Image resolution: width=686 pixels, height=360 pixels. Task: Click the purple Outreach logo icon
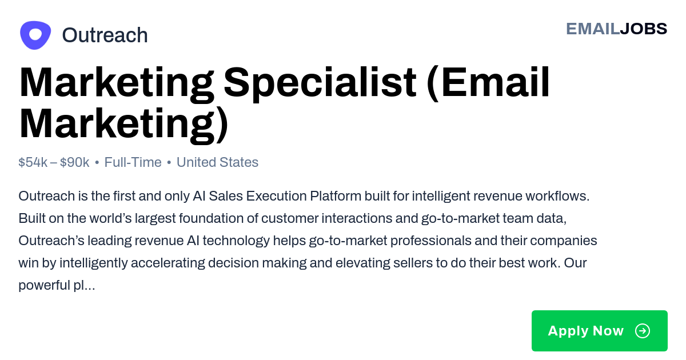(x=35, y=35)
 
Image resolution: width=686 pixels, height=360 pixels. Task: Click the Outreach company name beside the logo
(x=105, y=35)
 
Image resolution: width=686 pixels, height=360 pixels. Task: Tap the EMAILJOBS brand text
(x=616, y=29)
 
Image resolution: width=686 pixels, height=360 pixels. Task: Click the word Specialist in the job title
(x=320, y=82)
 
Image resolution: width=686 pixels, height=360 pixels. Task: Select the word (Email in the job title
(x=488, y=82)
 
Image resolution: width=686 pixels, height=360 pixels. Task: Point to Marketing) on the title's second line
(x=123, y=124)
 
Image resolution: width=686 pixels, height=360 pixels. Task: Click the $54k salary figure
(x=33, y=162)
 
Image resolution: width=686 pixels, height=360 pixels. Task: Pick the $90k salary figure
(x=74, y=162)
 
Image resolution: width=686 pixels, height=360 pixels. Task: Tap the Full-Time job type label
(x=133, y=162)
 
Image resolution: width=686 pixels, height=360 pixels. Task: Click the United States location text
(x=217, y=162)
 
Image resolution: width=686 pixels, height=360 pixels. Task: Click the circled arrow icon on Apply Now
(x=643, y=331)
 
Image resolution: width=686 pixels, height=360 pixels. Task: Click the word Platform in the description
(x=336, y=196)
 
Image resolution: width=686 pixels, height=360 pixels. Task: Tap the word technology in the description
(x=236, y=241)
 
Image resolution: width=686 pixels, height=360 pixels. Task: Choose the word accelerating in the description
(x=168, y=263)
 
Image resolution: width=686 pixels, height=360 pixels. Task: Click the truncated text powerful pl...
(x=57, y=285)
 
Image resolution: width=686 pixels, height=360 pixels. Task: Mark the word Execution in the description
(x=277, y=196)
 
